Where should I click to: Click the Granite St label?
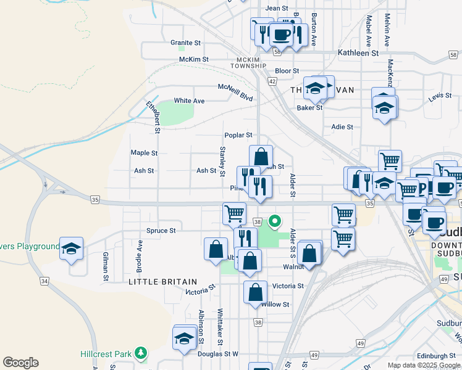[x=186, y=43]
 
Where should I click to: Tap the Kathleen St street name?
[x=358, y=54]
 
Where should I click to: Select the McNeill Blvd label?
[x=235, y=92]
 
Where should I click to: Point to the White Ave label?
[x=189, y=101]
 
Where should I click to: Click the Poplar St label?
[x=238, y=135]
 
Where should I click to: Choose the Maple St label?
[x=144, y=153]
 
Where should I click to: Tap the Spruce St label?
[x=161, y=231]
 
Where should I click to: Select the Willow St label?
[x=275, y=305]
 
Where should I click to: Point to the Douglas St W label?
[x=217, y=354]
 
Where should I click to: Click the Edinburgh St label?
[x=435, y=356]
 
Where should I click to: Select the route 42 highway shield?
[x=272, y=81]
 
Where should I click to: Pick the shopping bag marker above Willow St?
[x=255, y=292]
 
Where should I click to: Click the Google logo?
[x=20, y=363]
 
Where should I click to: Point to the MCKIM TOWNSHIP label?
[x=248, y=63]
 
